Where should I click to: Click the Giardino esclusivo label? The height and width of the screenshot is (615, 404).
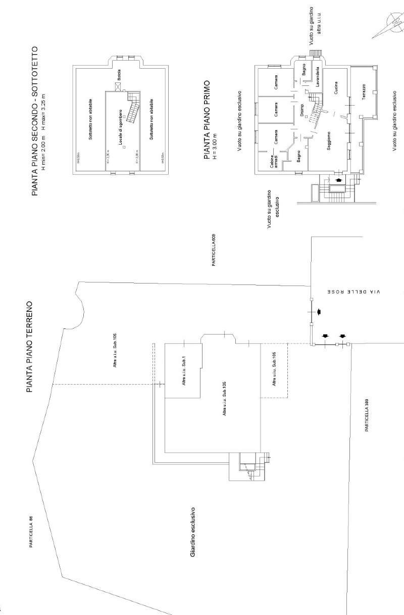pyautogui.click(x=192, y=532)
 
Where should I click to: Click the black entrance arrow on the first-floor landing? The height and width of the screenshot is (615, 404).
pyautogui.click(x=337, y=179)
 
